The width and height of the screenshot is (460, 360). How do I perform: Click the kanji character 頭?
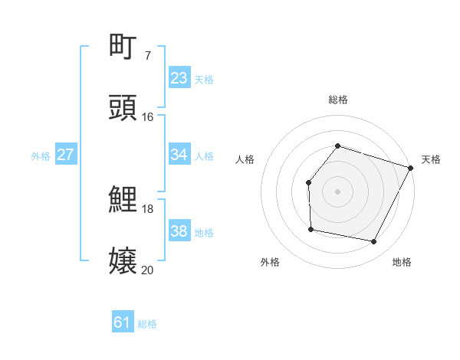[123, 108]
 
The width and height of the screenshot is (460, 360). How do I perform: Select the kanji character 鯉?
[123, 200]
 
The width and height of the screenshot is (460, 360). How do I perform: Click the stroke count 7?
[147, 55]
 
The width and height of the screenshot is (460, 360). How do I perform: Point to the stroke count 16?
[147, 117]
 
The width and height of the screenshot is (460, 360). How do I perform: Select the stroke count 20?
[147, 270]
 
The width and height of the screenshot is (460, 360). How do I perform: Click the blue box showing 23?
[179, 78]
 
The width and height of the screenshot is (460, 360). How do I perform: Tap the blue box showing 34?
[179, 155]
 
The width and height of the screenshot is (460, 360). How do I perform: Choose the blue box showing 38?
[179, 231]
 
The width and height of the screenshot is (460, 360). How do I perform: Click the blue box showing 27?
[65, 155]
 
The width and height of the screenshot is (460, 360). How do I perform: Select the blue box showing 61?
[123, 322]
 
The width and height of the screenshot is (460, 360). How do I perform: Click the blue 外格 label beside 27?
[41, 156]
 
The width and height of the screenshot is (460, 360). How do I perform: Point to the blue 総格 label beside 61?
[147, 324]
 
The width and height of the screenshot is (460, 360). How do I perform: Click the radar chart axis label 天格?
[431, 159]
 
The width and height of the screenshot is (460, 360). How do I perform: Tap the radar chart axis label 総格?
[337, 100]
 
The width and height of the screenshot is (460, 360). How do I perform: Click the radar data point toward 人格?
[308, 182]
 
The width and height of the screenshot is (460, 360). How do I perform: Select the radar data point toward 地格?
[374, 242]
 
